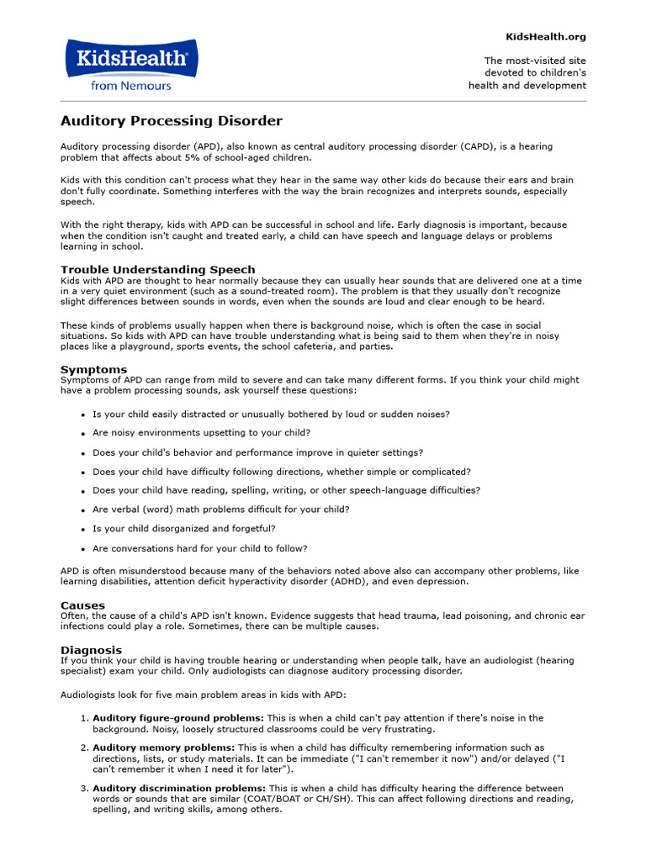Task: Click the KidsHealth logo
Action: pyautogui.click(x=130, y=58)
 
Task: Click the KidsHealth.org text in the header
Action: pyautogui.click(x=545, y=37)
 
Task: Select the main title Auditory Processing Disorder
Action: pyautogui.click(x=171, y=121)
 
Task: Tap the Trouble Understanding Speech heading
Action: pyautogui.click(x=157, y=270)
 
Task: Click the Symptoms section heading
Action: pyautogui.click(x=93, y=369)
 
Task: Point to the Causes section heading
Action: pyautogui.click(x=82, y=605)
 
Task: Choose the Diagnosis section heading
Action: pyautogui.click(x=91, y=650)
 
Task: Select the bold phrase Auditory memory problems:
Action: pyautogui.click(x=163, y=747)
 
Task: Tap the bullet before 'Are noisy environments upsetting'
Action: pyautogui.click(x=82, y=434)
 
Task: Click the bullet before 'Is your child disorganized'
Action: pyautogui.click(x=82, y=530)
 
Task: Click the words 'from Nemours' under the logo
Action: pyautogui.click(x=130, y=85)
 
